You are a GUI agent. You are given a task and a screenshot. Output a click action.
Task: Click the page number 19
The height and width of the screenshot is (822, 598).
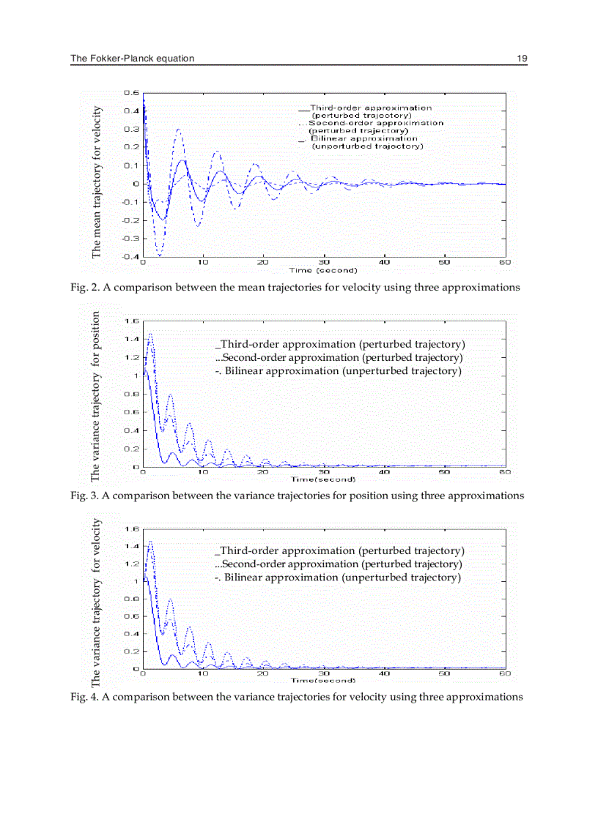[x=522, y=59]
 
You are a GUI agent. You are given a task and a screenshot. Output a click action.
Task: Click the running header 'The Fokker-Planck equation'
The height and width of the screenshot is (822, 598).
[x=133, y=59]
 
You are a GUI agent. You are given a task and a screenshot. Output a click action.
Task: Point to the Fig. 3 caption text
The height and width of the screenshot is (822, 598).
[x=297, y=496]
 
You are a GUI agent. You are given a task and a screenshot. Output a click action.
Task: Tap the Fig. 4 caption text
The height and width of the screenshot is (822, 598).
[x=296, y=697]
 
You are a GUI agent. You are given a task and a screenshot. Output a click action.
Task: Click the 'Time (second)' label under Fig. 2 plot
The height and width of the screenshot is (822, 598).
[x=323, y=270]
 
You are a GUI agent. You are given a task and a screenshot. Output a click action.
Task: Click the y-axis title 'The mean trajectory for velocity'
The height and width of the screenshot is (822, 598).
[x=97, y=182]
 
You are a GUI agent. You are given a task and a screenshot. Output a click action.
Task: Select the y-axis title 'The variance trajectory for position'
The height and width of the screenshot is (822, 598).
[x=96, y=396]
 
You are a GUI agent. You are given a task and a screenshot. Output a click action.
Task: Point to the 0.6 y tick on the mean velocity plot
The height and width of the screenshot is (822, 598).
[x=132, y=93]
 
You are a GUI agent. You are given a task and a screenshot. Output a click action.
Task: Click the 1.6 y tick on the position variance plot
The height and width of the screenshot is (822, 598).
[x=132, y=321]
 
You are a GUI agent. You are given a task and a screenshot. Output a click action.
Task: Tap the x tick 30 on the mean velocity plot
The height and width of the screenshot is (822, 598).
[x=323, y=262]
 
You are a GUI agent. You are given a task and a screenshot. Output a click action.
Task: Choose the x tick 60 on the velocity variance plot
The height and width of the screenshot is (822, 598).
[x=504, y=673]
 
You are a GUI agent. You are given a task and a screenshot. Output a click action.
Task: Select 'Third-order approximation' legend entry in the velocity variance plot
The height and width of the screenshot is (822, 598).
[x=340, y=550]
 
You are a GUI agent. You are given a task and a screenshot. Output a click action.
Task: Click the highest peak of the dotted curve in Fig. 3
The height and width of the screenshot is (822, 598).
[x=150, y=335]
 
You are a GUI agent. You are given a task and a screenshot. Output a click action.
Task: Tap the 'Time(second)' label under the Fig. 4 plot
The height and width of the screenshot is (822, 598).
[x=323, y=681]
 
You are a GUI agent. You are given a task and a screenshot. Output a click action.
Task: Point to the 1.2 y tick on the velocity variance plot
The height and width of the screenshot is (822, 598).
[x=132, y=564]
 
